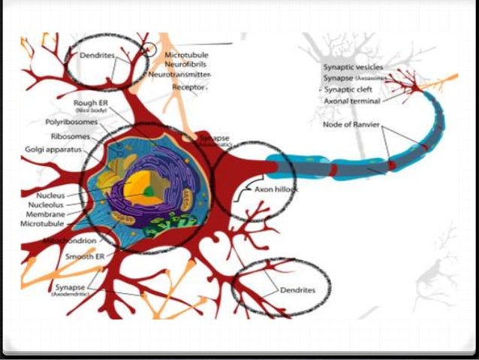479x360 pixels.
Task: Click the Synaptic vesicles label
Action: pos(351,68)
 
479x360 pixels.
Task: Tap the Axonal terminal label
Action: pos(351,101)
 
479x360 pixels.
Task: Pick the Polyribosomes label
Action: pos(74,120)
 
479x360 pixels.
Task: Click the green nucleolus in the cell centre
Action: pos(150,192)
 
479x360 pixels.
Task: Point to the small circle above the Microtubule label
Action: pos(151,50)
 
